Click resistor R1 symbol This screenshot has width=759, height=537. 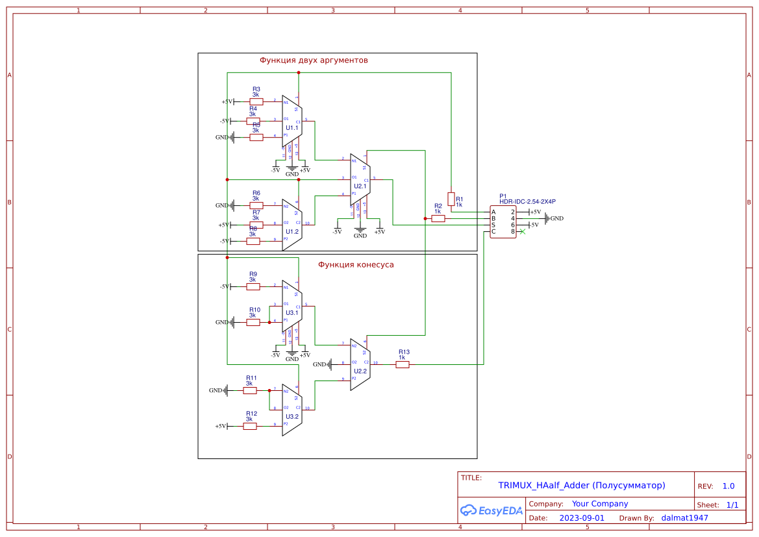pyautogui.click(x=451, y=199)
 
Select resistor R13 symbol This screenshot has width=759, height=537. pyautogui.click(x=403, y=364)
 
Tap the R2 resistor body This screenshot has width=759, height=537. pyautogui.click(x=438, y=219)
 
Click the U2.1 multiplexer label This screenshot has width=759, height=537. pyautogui.click(x=360, y=186)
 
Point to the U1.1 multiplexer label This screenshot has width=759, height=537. pyautogui.click(x=292, y=128)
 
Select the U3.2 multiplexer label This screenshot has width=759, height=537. pyautogui.click(x=292, y=416)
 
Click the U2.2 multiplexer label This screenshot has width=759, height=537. pyautogui.click(x=360, y=371)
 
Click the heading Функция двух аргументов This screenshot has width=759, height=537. pyautogui.click(x=314, y=60)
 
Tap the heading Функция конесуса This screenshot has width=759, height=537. pyautogui.click(x=355, y=264)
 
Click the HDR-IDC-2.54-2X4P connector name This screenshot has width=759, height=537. pyautogui.click(x=527, y=201)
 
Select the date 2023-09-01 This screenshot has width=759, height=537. pyautogui.click(x=581, y=518)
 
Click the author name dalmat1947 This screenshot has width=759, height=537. pyautogui.click(x=684, y=518)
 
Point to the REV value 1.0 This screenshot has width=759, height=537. pyautogui.click(x=728, y=486)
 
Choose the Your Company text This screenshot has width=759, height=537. pyautogui.click(x=599, y=504)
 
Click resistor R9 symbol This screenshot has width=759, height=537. pyautogui.click(x=253, y=286)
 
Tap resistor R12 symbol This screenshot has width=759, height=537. pyautogui.click(x=250, y=426)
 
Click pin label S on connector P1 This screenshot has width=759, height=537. pyautogui.click(x=493, y=225)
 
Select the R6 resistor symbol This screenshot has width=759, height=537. pyautogui.click(x=256, y=205)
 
